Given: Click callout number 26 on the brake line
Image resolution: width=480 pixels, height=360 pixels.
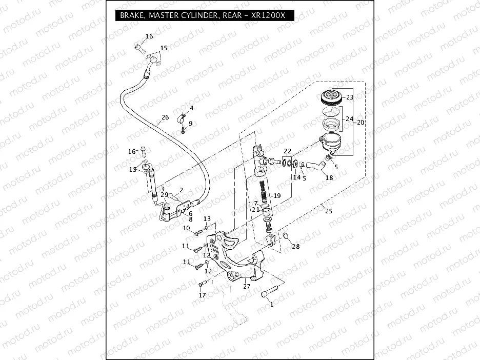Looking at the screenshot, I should (x=165, y=117).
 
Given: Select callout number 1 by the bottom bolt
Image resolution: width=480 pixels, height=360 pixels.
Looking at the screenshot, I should (x=271, y=304).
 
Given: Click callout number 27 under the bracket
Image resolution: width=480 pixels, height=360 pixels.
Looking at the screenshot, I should (x=247, y=287).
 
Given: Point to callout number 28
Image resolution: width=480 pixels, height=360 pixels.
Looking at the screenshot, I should (x=296, y=247).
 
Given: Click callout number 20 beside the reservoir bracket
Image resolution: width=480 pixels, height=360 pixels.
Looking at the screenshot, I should (x=361, y=123).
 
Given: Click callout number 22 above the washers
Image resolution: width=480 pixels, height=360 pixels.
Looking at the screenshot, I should (x=288, y=151).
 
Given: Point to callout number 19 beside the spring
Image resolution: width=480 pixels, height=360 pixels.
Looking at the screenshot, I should (x=277, y=196).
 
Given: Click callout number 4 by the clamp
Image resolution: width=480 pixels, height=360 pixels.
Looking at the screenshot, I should (x=191, y=108).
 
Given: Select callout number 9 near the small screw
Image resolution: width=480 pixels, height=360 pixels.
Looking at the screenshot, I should (x=190, y=123).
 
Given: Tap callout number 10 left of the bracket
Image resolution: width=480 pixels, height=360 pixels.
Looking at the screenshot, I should (x=186, y=228).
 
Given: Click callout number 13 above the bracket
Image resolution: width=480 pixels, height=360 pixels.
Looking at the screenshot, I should (x=207, y=219).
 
